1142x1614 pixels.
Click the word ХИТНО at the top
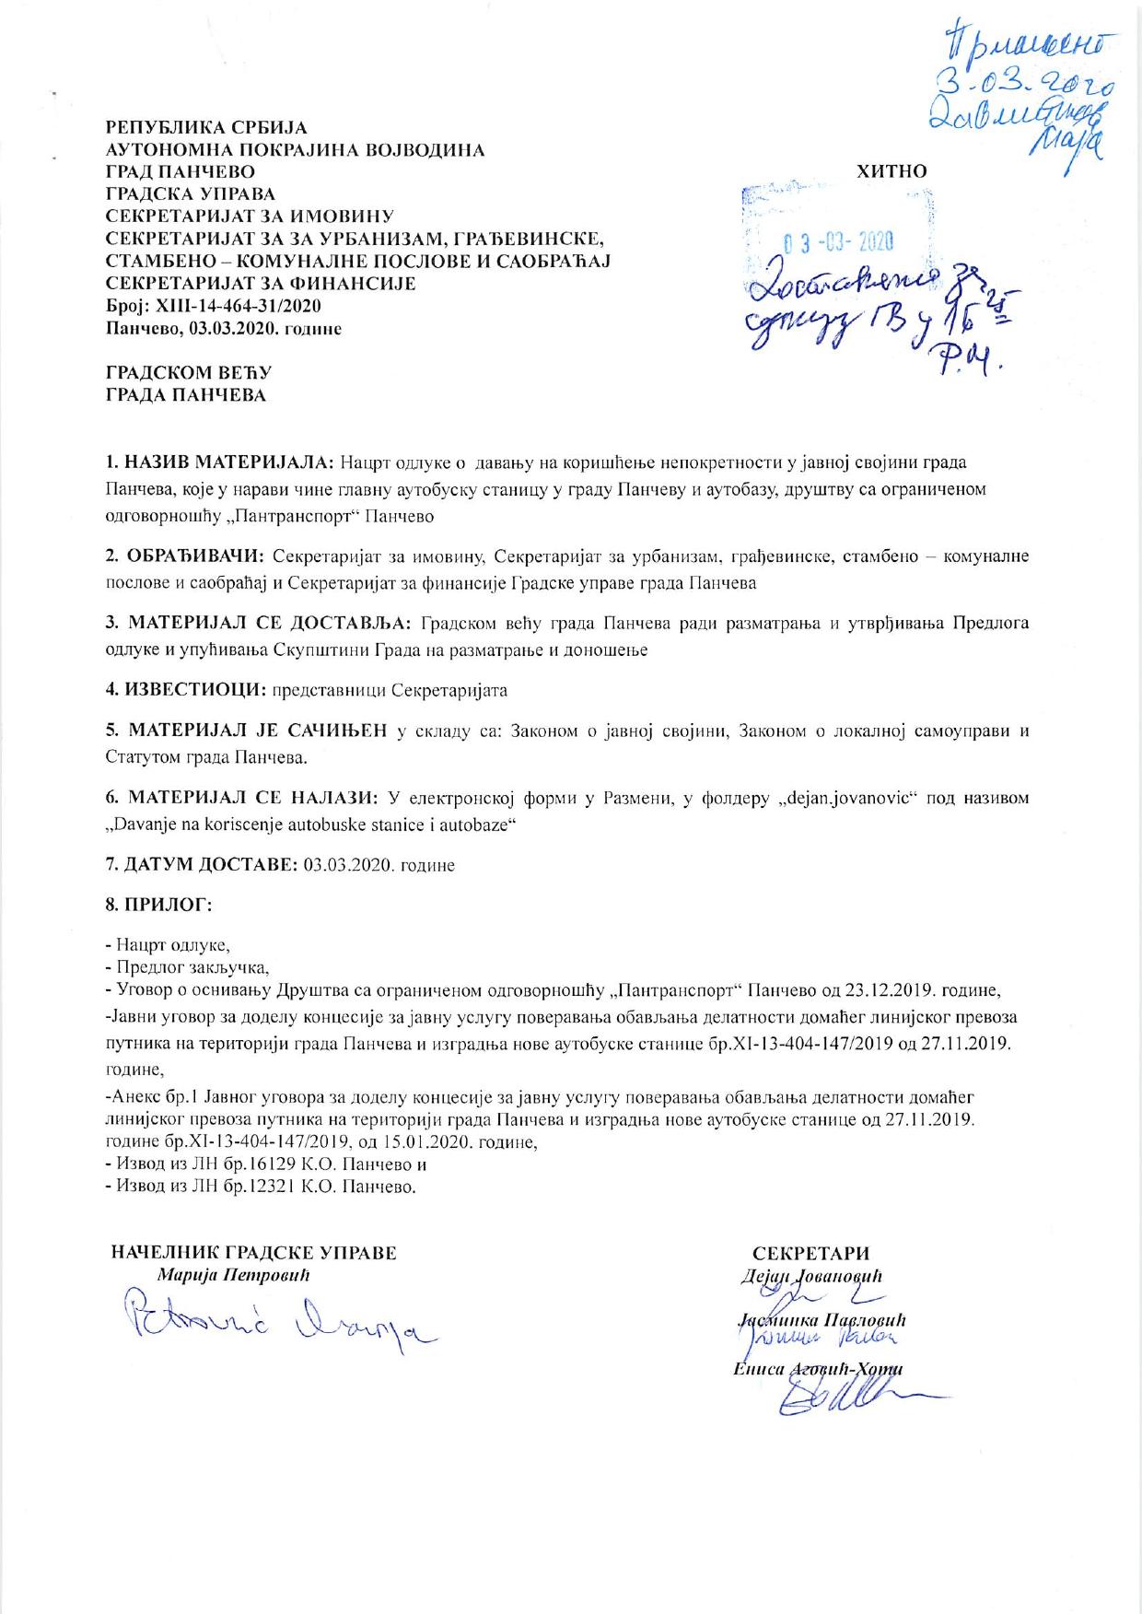tap(891, 170)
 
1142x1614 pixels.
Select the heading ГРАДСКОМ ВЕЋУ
tap(190, 373)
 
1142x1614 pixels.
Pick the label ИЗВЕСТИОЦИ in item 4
tap(195, 689)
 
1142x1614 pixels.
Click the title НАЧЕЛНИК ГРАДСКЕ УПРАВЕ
tap(254, 1253)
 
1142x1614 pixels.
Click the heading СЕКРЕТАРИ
tap(810, 1254)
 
